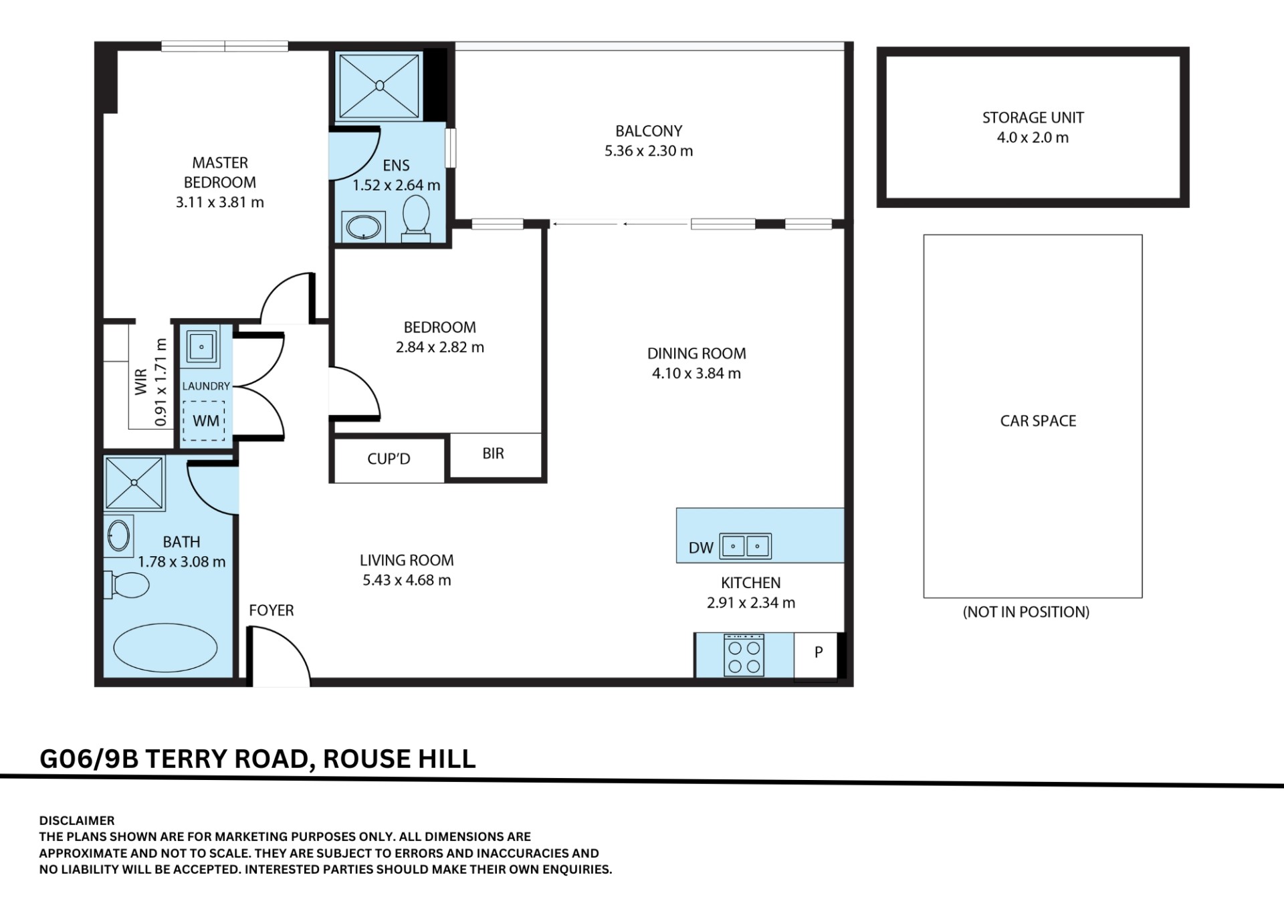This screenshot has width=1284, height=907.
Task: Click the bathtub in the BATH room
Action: click(165, 648)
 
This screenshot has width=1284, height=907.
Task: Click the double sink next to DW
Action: click(745, 546)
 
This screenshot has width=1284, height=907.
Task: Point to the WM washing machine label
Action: click(206, 421)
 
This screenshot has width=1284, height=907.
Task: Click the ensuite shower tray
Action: click(379, 86)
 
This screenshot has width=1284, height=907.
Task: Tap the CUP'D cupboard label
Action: click(389, 459)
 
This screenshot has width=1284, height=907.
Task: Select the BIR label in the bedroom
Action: click(493, 454)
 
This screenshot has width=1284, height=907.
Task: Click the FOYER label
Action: click(271, 610)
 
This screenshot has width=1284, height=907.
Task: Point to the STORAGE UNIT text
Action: click(1033, 118)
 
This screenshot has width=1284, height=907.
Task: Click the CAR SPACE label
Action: click(1038, 421)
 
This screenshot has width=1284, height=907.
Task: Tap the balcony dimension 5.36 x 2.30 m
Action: click(649, 151)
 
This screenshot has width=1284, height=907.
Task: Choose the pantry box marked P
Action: click(817, 655)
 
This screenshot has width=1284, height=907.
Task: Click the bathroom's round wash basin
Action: click(118, 536)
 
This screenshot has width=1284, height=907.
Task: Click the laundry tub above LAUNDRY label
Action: click(201, 347)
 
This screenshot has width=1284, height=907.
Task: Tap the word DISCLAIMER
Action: click(77, 821)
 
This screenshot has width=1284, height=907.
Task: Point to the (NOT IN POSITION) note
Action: click(1026, 612)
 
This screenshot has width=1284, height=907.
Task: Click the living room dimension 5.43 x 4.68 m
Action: click(407, 580)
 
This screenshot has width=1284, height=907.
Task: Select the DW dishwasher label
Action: click(701, 548)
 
